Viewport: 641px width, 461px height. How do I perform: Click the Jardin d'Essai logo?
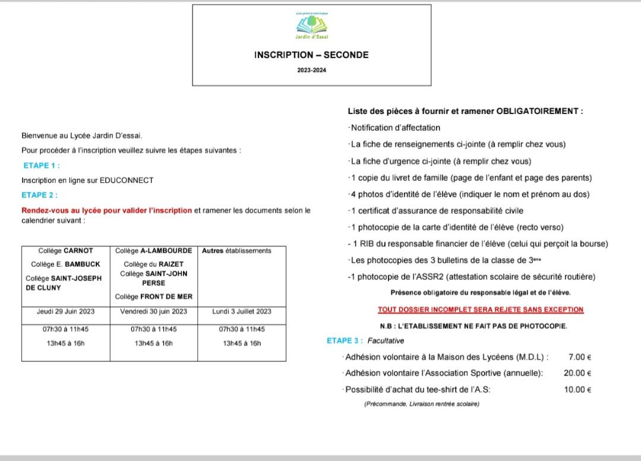[x=312, y=26]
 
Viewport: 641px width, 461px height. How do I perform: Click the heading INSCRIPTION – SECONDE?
[x=311, y=55]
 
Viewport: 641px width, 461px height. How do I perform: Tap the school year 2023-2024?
[x=311, y=70]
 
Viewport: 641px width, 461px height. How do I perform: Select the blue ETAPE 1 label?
[x=42, y=166]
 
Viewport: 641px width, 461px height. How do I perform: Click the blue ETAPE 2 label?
[x=39, y=195]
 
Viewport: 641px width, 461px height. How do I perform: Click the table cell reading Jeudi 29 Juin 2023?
[x=65, y=311]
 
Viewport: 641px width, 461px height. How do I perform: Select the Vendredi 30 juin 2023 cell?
[x=153, y=311]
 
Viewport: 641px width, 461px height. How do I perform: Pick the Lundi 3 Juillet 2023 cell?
[x=242, y=311]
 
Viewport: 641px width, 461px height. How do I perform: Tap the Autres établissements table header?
[x=236, y=251]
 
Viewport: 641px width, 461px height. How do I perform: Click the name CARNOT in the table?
[x=78, y=251]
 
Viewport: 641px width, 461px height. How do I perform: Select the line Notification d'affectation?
[x=396, y=128]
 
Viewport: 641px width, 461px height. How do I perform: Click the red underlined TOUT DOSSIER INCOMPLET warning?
[x=481, y=310]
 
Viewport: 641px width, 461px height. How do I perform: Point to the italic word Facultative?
[x=386, y=341]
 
